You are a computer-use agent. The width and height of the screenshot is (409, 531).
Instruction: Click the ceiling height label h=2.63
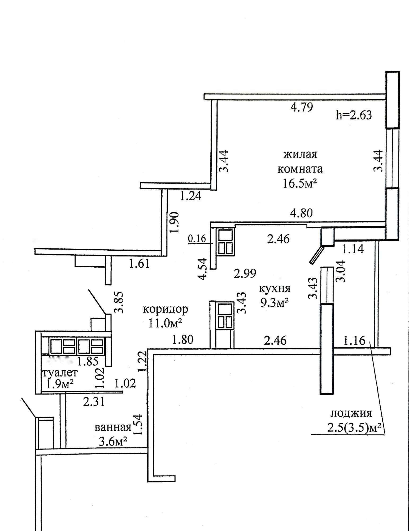pos(354,115)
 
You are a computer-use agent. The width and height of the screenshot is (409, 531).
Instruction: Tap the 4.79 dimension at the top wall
pos(302,107)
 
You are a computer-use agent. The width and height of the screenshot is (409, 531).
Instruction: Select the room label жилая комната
pos(300,161)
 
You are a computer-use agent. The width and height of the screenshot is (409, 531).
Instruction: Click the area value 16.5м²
pos(300,183)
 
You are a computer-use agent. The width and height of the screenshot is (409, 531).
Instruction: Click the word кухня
pos(275,288)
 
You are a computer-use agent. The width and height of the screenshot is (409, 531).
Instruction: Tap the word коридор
pos(166,309)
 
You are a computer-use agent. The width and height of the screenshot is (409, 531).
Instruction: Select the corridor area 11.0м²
pos(165,324)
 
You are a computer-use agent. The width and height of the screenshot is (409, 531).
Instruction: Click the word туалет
pos(60,372)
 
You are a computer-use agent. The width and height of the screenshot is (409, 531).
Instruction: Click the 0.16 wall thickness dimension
pos(197,239)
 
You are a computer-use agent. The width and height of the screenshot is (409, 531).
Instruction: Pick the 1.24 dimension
pos(191,196)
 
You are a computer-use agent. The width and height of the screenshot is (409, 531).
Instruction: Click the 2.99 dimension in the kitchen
pos(245,273)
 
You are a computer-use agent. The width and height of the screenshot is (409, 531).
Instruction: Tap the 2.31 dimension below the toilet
pos(94,402)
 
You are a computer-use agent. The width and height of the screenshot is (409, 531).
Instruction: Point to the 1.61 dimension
pos(140,264)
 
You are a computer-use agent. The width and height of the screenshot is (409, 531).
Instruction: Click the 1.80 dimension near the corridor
pos(183,340)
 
